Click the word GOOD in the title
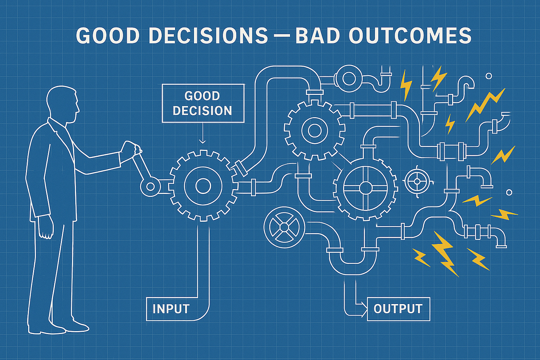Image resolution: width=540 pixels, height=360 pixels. tap(108, 36)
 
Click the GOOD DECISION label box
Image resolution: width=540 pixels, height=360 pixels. tap(203, 103)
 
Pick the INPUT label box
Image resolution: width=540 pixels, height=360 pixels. tap(171, 309)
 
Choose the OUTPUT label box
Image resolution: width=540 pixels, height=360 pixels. tap(398, 309)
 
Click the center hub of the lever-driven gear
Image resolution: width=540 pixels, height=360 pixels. tap(203, 185)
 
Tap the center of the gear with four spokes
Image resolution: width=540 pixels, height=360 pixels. tap(366, 188)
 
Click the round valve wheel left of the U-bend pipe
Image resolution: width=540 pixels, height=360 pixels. tap(284, 227)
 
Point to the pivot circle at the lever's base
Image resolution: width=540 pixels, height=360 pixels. tap(150, 186)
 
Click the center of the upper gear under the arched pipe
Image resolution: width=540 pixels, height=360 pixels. tap(315, 130)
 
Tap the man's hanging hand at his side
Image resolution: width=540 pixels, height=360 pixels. tap(47, 232)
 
